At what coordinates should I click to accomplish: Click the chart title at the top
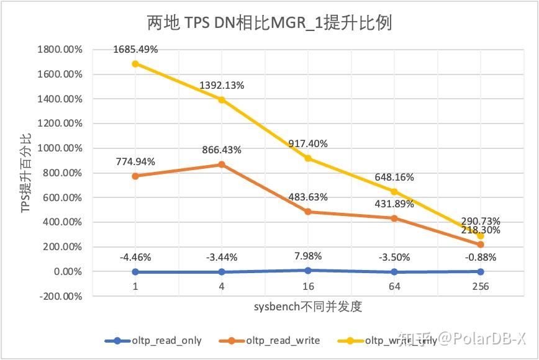[269, 24]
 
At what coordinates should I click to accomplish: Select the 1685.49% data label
[135, 49]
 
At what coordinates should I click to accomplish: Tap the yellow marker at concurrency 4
[222, 99]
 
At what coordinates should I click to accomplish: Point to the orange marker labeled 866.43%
[222, 164]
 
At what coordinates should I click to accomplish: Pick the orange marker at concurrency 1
[135, 176]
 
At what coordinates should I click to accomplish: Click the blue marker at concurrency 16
[308, 270]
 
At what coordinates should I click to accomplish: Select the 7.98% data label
[308, 256]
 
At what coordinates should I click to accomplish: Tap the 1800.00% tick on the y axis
[60, 50]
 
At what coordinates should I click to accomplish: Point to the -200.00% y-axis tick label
[61, 296]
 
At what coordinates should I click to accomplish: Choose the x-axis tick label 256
[480, 286]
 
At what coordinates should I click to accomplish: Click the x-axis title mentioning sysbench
[307, 307]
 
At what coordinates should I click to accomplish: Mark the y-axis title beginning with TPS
[25, 173]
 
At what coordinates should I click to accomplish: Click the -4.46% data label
[135, 256]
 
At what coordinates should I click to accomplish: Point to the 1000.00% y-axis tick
[60, 148]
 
